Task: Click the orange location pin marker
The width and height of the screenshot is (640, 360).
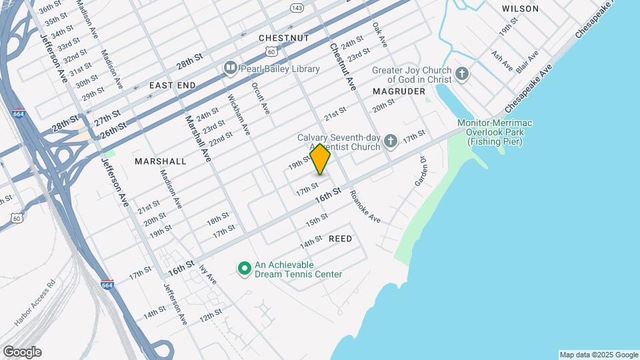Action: coord(320,159)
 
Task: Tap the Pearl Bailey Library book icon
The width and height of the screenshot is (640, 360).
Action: coord(230,67)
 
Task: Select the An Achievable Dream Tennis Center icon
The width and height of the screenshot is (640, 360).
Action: coord(244,269)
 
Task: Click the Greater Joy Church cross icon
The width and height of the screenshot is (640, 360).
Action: coord(461,75)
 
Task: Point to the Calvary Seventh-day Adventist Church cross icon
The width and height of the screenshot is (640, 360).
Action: coord(391,141)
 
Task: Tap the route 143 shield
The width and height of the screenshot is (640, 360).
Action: coord(297,7)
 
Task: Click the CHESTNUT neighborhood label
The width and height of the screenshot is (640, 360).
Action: coord(284,38)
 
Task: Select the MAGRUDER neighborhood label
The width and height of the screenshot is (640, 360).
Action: coord(399,91)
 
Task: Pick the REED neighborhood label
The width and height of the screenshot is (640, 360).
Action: coord(340,239)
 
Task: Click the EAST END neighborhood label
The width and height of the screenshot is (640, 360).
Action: coord(173,85)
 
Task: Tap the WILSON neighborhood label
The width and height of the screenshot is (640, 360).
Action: coord(520,9)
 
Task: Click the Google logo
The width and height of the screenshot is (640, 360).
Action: coord(22,352)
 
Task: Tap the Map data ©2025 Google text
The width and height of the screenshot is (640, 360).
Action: coord(598,355)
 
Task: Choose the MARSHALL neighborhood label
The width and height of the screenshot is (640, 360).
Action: coord(160,161)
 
